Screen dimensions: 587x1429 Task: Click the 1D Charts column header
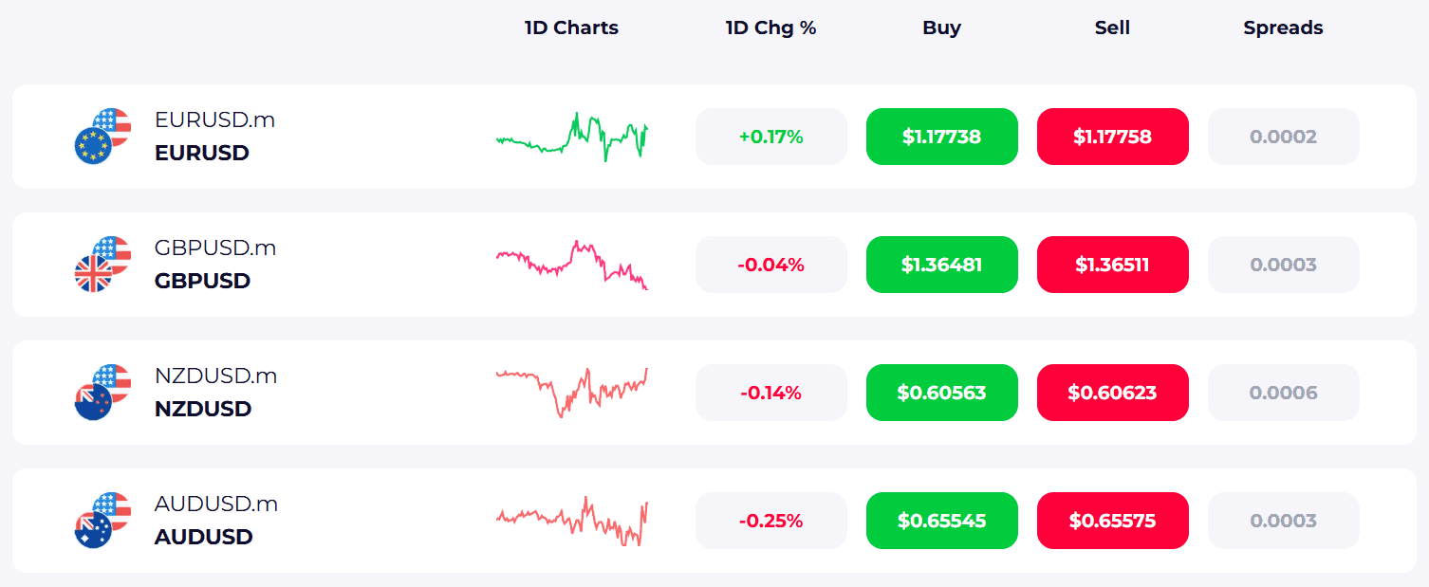coord(571,28)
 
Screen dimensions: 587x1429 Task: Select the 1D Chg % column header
coord(770,28)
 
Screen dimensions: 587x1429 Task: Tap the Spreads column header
coord(1283,28)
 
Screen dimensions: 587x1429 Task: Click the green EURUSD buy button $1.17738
coord(941,137)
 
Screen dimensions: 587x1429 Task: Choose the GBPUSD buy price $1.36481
coord(941,265)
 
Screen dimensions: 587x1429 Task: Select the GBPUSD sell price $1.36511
coord(1112,265)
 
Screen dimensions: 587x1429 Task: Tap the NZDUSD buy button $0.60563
coord(941,393)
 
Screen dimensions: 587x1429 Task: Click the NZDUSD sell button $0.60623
coord(1112,393)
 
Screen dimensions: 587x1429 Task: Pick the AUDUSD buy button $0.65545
coord(941,521)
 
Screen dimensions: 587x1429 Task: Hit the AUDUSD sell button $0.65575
coord(1112,521)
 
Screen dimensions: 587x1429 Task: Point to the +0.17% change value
coord(770,137)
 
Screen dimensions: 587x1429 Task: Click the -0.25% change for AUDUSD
coord(770,521)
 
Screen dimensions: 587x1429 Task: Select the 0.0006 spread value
coord(1283,393)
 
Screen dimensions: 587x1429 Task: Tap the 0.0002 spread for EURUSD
coord(1283,137)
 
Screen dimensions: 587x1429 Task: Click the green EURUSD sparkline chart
coord(571,138)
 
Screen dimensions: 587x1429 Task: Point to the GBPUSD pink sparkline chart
coord(571,264)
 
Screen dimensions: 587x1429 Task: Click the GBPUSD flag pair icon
coord(102,265)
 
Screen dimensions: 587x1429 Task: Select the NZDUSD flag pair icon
coord(102,393)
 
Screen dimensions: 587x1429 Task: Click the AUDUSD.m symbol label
coord(215,504)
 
